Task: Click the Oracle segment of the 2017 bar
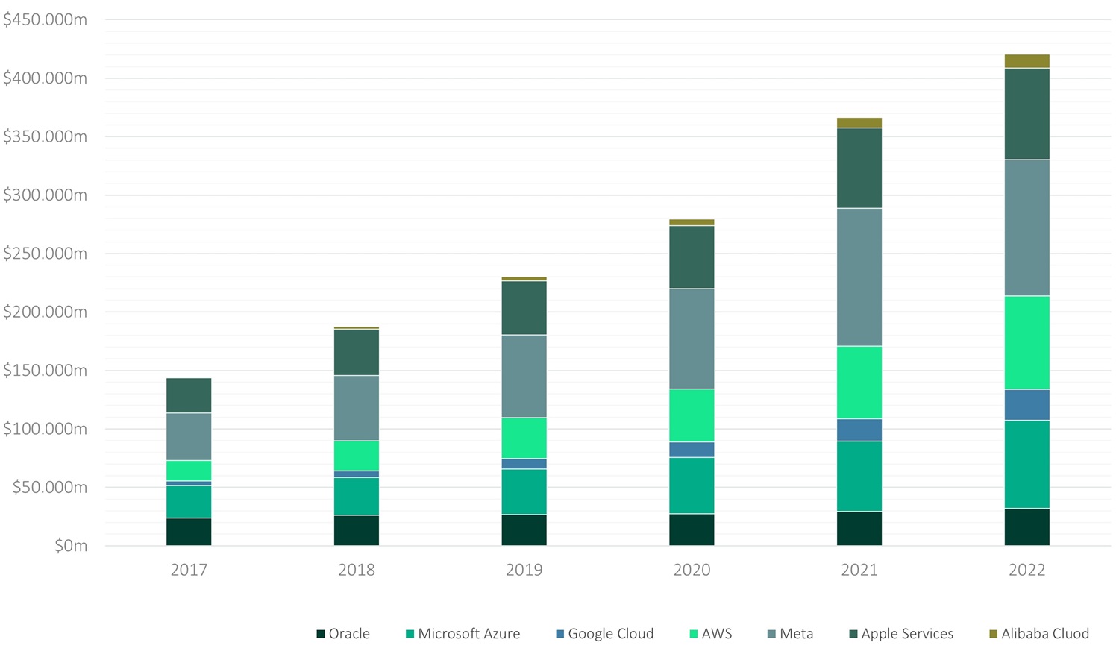189,532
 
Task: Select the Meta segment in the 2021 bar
859,277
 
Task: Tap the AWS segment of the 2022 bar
1027,343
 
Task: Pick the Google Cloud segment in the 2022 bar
1027,405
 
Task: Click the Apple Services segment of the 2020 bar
692,257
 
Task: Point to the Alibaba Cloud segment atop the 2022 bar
1027,61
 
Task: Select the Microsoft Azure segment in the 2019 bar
524,491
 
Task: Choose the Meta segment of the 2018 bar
357,408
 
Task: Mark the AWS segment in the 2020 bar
692,415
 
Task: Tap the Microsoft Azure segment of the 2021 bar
859,477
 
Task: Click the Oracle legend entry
344,634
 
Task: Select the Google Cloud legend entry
605,634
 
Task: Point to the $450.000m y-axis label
45,19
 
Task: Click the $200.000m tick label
45,312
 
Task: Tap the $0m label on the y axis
71,546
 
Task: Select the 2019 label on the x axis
524,570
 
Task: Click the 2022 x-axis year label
1027,570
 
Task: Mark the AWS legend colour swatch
693,634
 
